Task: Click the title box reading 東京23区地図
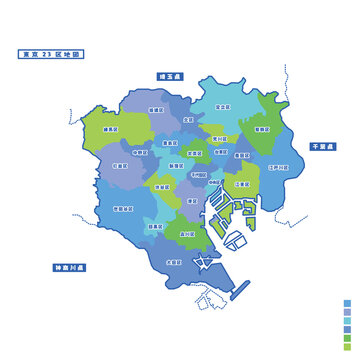tap(53, 54)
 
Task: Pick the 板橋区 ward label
tap(156, 109)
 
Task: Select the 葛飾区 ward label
tap(262, 130)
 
